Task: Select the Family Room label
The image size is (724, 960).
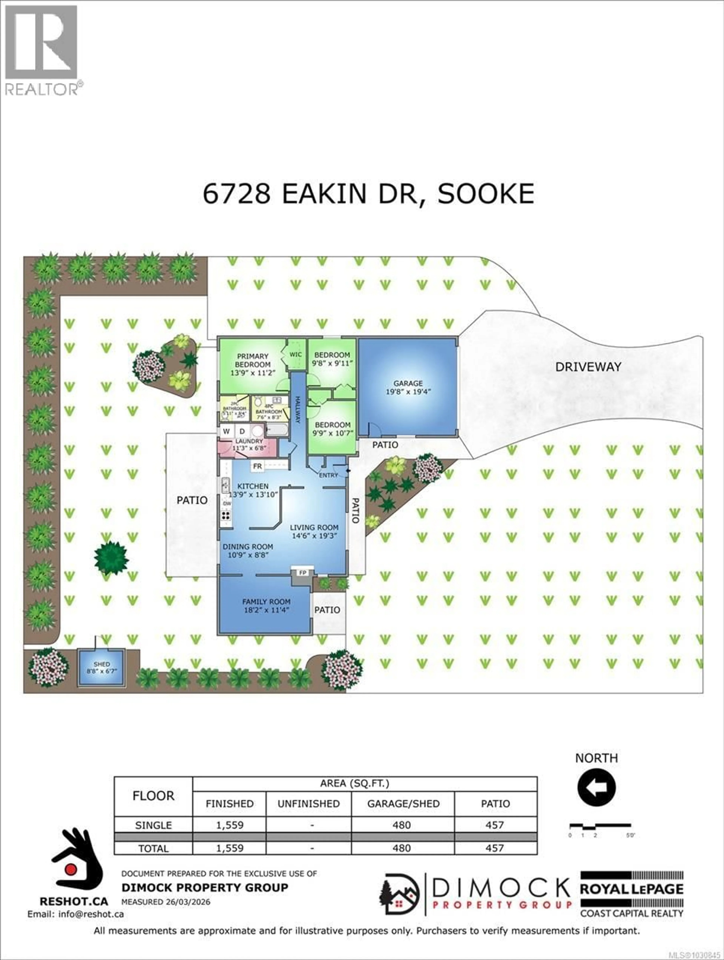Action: tap(266, 605)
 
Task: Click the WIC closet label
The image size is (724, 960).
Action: tap(296, 355)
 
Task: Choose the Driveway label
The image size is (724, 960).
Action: tap(588, 367)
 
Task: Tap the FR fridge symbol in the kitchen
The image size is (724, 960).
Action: tap(257, 466)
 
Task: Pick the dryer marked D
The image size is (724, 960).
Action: tap(242, 431)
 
